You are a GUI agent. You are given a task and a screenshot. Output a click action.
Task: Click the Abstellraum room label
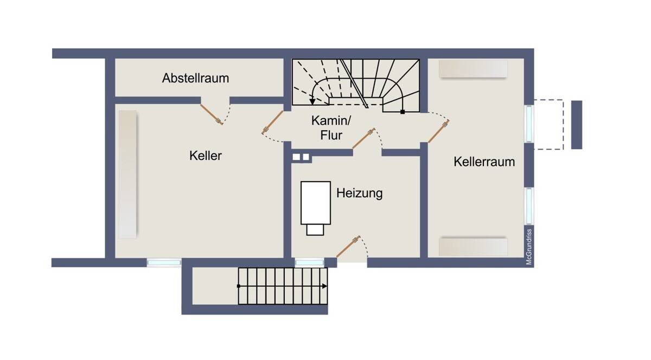[195, 78]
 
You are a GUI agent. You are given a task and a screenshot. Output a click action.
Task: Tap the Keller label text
[206, 156]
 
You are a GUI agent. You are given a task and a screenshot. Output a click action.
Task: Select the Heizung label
[359, 193]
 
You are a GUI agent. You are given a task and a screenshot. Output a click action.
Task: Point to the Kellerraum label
[484, 162]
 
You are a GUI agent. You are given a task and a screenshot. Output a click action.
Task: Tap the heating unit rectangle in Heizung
[316, 203]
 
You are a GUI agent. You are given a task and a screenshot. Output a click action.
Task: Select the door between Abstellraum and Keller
[212, 114]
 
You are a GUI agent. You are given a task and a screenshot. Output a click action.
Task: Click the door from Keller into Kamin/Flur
[273, 122]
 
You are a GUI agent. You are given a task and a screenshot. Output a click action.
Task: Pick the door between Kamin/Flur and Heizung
[363, 138]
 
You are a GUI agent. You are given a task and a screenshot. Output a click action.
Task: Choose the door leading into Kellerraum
[438, 133]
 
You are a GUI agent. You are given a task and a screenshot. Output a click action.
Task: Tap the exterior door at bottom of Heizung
[347, 247]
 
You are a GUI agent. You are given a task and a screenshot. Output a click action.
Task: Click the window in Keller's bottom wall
[164, 262]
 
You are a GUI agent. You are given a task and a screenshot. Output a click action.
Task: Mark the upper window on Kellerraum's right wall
[529, 124]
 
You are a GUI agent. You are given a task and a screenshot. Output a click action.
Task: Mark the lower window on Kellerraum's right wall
[529, 206]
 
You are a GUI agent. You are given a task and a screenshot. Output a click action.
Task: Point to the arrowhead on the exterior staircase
[324, 286]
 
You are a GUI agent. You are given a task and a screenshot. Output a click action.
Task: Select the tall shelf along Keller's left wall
[127, 174]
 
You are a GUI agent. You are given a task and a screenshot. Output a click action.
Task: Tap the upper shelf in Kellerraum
[473, 69]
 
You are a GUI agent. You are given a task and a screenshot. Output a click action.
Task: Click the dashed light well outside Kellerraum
[548, 124]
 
